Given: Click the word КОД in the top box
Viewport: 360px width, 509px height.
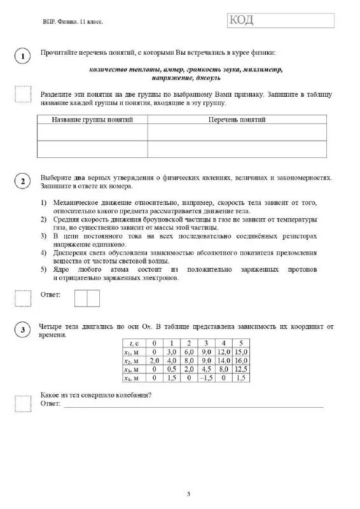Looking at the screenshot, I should click(x=243, y=21).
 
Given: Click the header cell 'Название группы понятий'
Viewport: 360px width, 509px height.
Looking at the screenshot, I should click(x=92, y=120).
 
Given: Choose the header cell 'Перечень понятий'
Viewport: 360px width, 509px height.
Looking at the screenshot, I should click(x=237, y=120).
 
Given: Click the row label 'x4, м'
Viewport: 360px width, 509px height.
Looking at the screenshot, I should click(x=135, y=377).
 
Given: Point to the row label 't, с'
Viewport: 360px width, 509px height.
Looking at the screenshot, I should click(x=135, y=343).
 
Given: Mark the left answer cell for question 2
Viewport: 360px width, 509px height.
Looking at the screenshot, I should click(x=81, y=297).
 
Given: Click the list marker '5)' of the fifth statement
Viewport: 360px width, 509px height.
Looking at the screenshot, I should click(x=45, y=269).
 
